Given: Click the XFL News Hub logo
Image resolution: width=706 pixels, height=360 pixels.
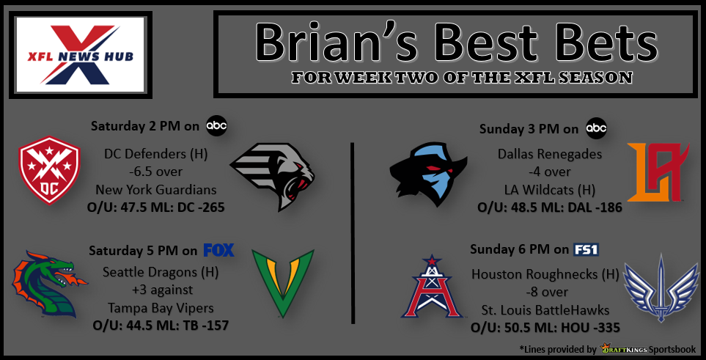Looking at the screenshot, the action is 81,55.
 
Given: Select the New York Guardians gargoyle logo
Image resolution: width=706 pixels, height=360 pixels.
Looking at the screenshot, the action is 273,177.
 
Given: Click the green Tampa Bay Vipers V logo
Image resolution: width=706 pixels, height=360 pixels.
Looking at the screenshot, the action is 283,284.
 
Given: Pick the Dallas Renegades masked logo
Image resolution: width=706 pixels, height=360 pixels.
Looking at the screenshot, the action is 428,174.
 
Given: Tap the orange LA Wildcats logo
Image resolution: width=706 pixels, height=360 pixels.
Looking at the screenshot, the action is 658,172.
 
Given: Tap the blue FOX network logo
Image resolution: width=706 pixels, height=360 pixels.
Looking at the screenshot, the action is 218,249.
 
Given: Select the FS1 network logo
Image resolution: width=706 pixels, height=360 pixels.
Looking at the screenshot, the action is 587,249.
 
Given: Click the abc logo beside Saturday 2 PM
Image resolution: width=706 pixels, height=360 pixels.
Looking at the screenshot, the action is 216,125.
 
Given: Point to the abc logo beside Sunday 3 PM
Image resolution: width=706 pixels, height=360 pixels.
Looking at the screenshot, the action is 596,129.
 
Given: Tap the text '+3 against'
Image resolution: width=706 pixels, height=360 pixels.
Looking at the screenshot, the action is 161,290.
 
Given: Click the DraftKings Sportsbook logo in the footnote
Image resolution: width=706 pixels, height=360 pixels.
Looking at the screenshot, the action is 648,349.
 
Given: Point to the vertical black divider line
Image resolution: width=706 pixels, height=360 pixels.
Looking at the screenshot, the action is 352,233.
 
